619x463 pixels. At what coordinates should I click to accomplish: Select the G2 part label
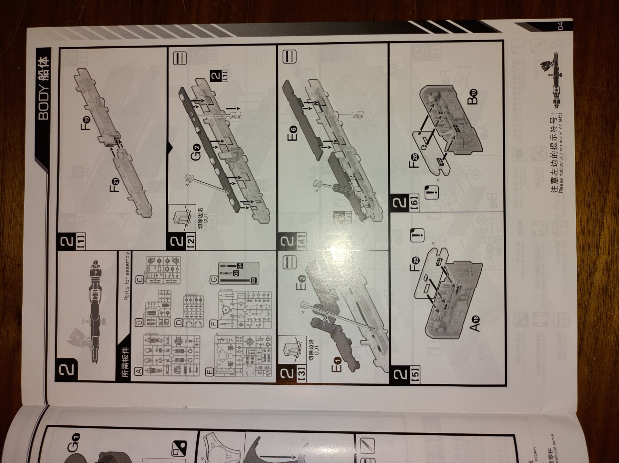pyautogui.click(x=196, y=152)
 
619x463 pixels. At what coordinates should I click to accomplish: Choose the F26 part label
pyautogui.click(x=414, y=161)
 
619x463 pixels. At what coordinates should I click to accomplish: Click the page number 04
pyautogui.click(x=560, y=26)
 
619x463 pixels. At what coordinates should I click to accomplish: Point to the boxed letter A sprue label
pyautogui.click(x=139, y=371)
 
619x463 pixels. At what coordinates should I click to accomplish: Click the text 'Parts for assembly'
pyautogui.click(x=127, y=276)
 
